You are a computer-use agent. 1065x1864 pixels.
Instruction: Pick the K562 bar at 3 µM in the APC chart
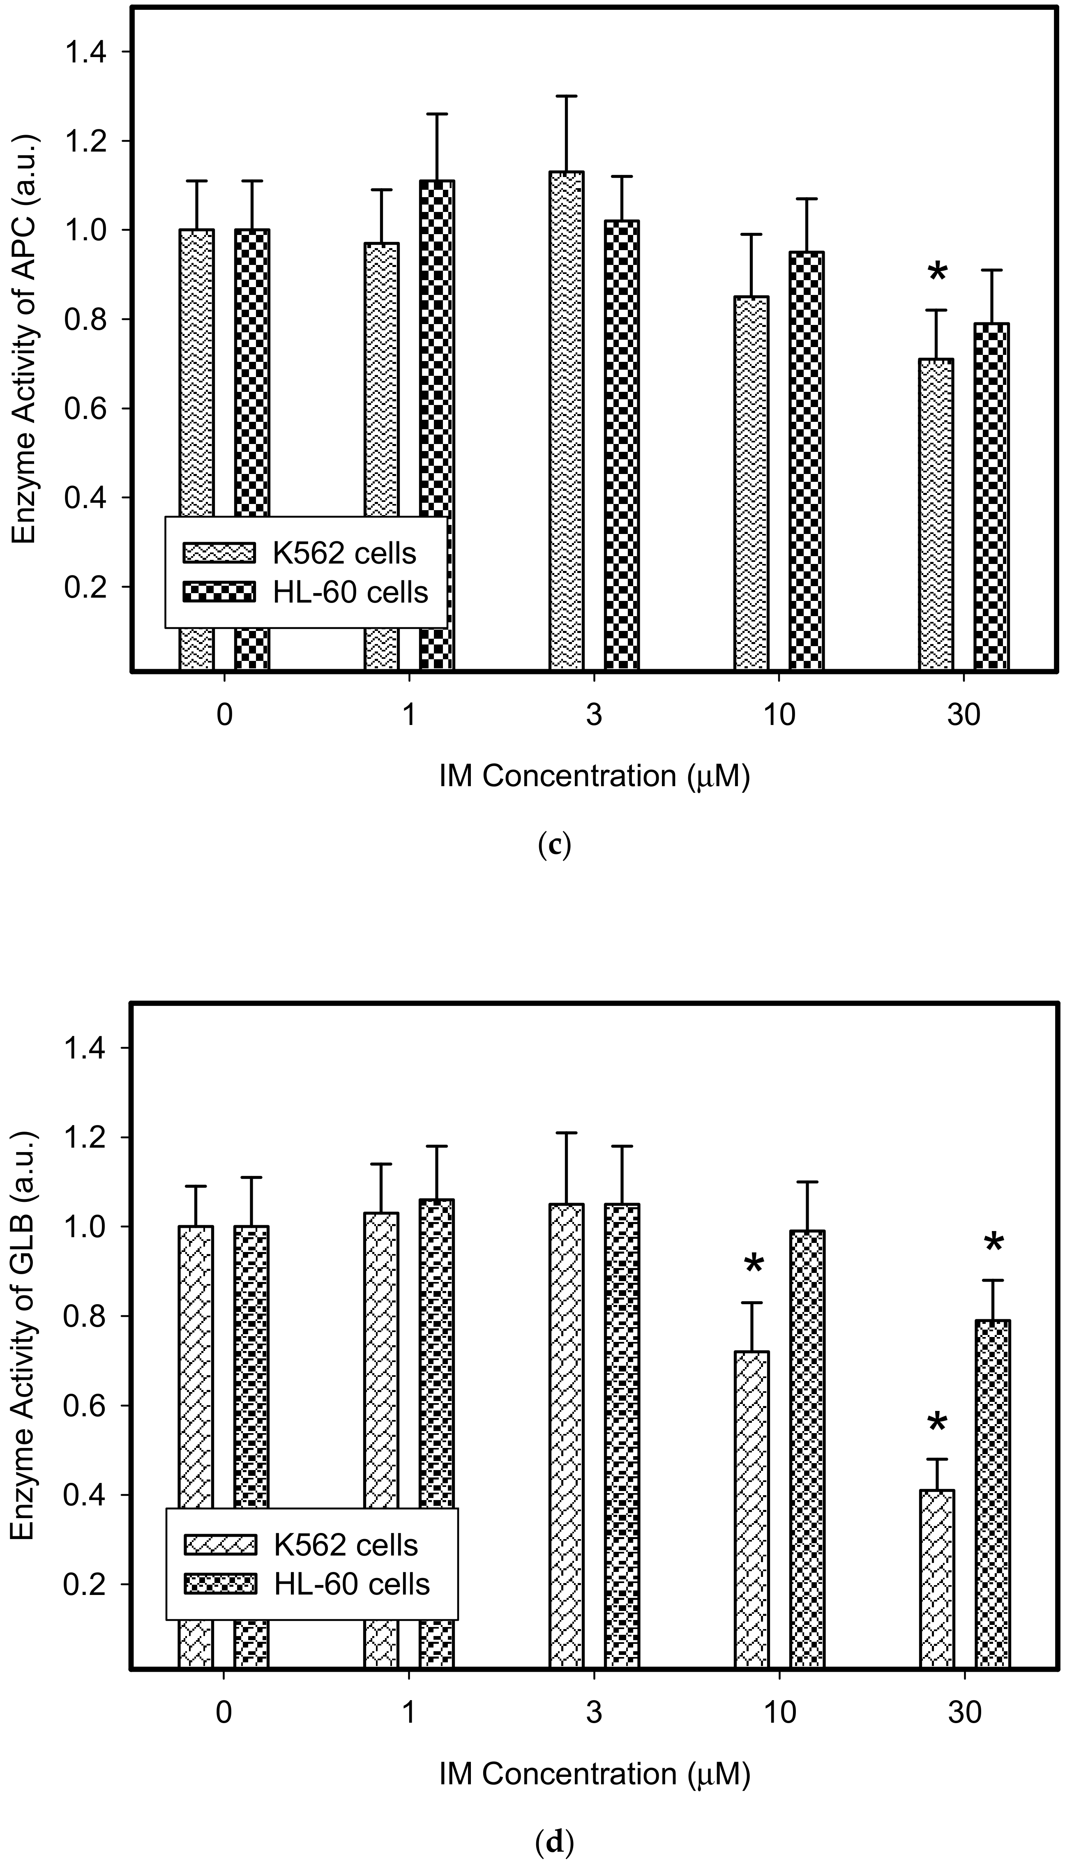click(567, 421)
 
